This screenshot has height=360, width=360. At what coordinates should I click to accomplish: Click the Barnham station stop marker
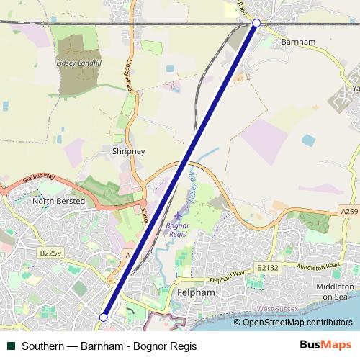tap(256, 23)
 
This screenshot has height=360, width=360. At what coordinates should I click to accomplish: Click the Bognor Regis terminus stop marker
tap(104, 317)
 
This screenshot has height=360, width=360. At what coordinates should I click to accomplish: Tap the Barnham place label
tap(298, 42)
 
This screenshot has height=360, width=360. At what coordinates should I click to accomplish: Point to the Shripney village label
tap(129, 152)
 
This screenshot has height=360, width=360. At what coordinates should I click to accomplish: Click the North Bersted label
tap(59, 202)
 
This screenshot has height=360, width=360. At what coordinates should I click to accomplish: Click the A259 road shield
tap(348, 211)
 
